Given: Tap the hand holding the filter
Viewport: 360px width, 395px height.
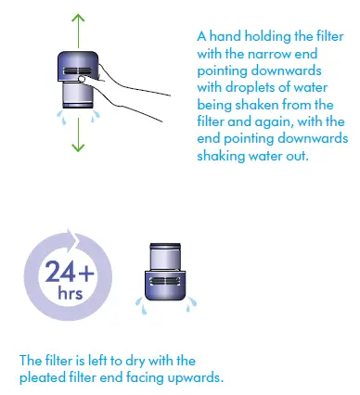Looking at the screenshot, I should click(117, 87).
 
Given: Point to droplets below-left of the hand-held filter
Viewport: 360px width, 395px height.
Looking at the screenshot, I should click(58, 119).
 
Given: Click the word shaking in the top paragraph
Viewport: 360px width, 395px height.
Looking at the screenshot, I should click(222, 155).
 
